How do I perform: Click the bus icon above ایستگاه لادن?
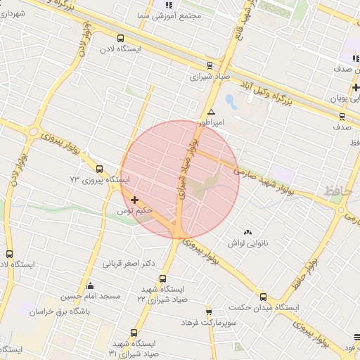click(120, 39)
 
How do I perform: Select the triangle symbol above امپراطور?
click(211, 111)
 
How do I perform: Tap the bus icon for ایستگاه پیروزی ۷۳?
click(99, 169)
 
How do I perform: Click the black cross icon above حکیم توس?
click(134, 200)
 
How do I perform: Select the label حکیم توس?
click(135, 211)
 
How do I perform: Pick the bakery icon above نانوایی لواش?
click(247, 232)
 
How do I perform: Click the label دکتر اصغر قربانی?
click(129, 265)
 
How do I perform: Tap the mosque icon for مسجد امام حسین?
click(90, 285)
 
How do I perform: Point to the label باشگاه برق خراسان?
click(73, 308)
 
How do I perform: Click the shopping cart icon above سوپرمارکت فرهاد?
click(209, 311)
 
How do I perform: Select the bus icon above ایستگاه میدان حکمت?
click(264, 297)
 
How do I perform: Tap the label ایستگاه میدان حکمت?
click(264, 308)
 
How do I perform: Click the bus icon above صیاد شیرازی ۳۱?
click(134, 333)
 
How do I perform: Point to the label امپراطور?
click(211, 122)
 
